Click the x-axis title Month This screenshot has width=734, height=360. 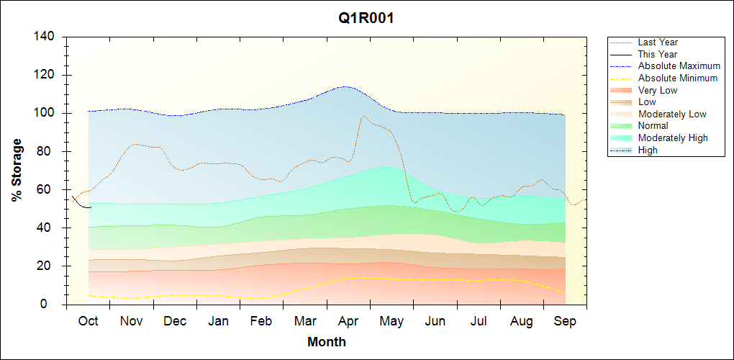tap(327, 342)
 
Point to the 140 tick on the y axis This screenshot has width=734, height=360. tap(47, 37)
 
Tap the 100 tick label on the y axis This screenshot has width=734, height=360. tap(47, 113)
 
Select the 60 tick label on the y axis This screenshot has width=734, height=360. tap(50, 189)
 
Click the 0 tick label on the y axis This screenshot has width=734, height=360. tap(53, 305)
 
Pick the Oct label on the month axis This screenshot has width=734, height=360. tap(88, 321)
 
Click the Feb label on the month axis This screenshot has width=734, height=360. tap(261, 321)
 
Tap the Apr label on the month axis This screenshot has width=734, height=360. tap(348, 321)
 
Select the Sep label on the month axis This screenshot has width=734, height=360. tap(565, 321)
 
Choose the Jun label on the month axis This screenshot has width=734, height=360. tap(435, 321)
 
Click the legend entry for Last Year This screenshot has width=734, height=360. tap(658, 42)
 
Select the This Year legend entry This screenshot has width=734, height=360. tap(658, 54)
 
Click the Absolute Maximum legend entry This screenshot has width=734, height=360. tap(679, 66)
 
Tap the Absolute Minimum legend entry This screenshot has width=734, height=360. tap(678, 78)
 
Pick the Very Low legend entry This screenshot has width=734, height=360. tap(658, 90)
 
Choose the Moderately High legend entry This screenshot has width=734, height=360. tap(673, 138)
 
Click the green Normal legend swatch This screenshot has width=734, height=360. tap(621, 126)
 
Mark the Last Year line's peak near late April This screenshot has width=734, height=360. tap(363, 116)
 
